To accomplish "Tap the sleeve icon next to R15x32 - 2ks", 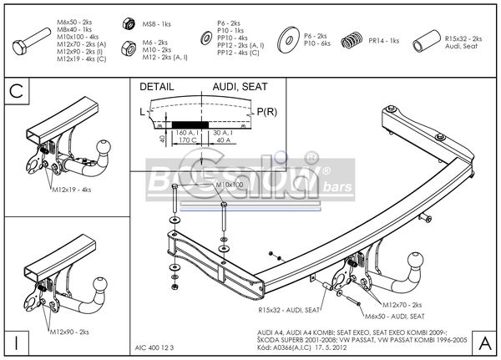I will tap(428, 39).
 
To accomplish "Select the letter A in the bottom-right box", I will tap(484, 342).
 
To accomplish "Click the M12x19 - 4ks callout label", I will tap(71, 190).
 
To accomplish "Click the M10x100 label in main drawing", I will tap(231, 185).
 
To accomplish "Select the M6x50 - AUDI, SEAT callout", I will tap(394, 317).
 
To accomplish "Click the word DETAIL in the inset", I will tap(157, 86).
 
